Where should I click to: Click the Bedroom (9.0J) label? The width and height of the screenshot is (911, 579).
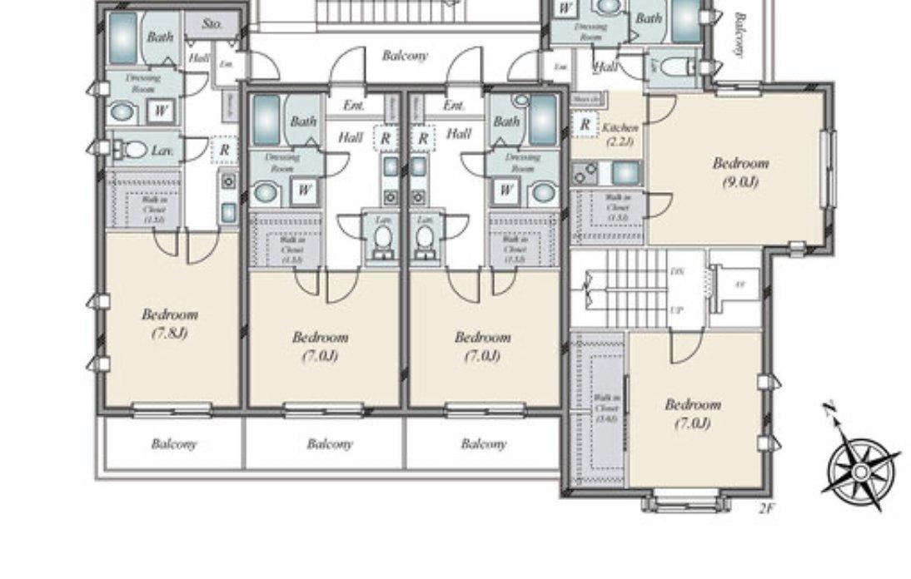pos(739,171)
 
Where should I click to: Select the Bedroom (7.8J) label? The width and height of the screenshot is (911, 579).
pos(169,324)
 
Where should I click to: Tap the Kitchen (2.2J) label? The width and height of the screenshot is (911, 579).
pos(620,134)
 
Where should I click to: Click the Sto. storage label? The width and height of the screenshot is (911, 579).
pos(212,24)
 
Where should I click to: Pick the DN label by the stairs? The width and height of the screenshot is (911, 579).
pos(676,272)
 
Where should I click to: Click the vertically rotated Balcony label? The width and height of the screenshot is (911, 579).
pos(739,35)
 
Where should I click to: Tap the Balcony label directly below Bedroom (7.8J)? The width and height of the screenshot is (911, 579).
pos(174,444)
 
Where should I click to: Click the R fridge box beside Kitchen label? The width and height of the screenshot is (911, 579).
pos(585,125)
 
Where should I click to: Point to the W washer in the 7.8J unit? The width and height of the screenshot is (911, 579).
pos(161,110)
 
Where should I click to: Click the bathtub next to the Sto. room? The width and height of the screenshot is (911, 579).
pos(122,37)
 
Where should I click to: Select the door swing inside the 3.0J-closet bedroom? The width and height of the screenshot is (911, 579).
pos(687,347)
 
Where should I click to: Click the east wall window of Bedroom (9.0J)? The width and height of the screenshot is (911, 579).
pos(826,170)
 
